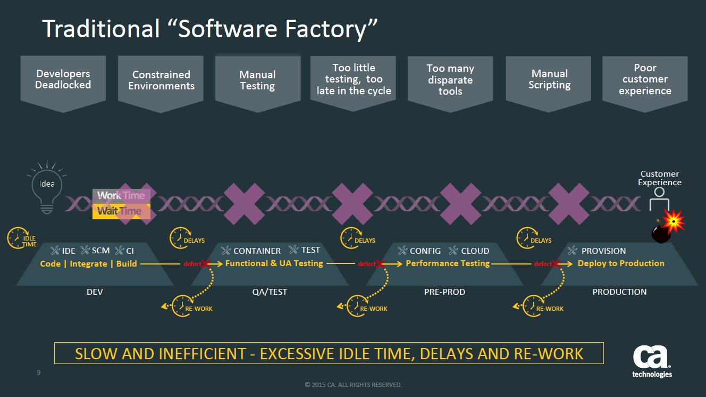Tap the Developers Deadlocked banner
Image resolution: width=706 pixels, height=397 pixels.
(x=63, y=80)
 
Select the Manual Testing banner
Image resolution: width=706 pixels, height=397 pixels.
(x=257, y=81)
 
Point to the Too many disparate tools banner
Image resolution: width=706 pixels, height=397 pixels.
(x=450, y=80)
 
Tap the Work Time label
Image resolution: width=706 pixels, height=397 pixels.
(x=121, y=195)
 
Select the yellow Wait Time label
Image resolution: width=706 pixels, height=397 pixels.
(x=120, y=211)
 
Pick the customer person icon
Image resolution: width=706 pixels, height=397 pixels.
(x=659, y=200)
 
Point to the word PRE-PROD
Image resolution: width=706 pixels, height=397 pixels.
(x=445, y=292)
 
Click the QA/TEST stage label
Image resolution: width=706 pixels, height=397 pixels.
(x=269, y=292)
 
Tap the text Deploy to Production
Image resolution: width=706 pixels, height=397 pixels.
(x=621, y=263)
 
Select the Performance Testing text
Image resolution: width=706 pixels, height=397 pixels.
(x=448, y=263)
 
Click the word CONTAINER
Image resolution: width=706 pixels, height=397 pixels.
(x=257, y=251)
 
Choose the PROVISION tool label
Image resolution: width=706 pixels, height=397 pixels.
(x=603, y=251)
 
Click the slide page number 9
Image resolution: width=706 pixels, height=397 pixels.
(x=39, y=373)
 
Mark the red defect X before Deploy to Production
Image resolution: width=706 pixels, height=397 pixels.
(x=556, y=264)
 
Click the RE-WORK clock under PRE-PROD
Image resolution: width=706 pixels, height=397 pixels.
(x=355, y=305)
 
